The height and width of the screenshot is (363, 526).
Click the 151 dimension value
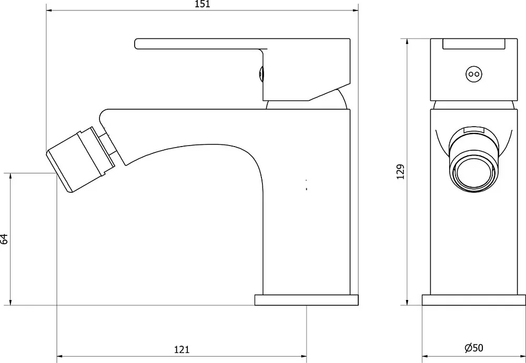(203, 4)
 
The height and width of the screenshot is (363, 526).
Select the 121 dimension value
(182, 349)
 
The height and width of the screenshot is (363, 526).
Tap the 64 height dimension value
(4, 239)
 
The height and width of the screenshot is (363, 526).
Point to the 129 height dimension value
(400, 172)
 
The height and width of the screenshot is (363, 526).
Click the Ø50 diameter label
(474, 348)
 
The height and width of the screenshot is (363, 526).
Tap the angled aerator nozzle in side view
(80, 160)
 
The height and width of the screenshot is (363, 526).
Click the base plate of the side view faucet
(307, 300)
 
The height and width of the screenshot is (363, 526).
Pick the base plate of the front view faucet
(474, 300)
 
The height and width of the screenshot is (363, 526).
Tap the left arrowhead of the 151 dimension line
(49, 11)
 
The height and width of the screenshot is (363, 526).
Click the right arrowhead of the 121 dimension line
(304, 356)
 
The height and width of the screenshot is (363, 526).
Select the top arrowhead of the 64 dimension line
(11, 176)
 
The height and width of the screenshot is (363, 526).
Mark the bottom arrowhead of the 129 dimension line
(407, 303)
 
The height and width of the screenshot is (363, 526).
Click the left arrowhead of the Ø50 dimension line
(424, 356)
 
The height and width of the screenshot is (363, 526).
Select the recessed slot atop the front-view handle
(474, 44)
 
